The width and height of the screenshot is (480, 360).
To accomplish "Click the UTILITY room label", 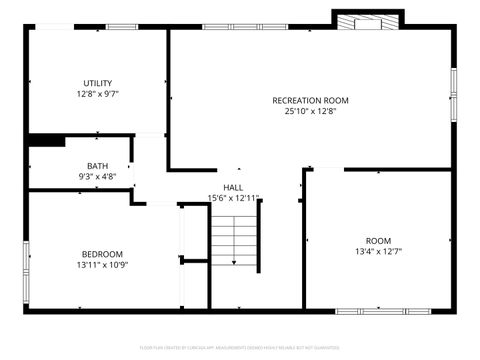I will pos(98,83).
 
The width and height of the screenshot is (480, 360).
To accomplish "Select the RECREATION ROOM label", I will pos(310,100).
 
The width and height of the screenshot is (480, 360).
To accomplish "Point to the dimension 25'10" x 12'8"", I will pos(310,112).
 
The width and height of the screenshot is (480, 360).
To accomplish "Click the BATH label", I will pos(97,166).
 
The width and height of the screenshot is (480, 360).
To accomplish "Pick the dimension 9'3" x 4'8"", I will pos(97,177).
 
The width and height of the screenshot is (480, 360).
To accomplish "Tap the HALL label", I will pos(233,187).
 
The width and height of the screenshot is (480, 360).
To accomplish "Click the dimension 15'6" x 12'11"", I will pos(233,198).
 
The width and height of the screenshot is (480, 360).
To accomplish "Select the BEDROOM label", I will pos(102,253).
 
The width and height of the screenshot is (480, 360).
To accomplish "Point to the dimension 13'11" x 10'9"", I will pos(102,265).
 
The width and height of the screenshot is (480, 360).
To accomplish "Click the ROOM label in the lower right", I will pos(378,240).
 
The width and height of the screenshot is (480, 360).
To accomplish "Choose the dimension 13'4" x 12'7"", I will pos(378,252).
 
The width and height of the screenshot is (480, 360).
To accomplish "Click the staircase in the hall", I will pos(233,240).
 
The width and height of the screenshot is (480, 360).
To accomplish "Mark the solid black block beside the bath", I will pos(46,141).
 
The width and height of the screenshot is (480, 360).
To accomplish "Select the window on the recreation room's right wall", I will pos(453,95).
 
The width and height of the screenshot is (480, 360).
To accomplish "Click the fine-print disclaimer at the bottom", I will pos(240,347).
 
